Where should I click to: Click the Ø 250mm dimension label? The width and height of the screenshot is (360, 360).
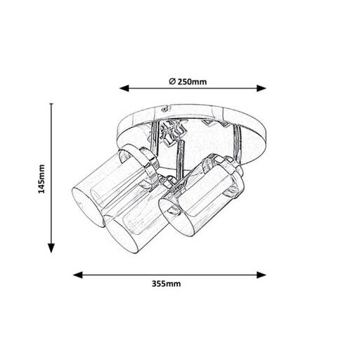[x=188, y=82]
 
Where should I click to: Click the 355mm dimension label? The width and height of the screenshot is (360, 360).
[x=166, y=284]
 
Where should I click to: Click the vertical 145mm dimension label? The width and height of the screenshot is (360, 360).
[x=41, y=179]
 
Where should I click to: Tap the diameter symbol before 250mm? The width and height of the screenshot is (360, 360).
[x=172, y=82]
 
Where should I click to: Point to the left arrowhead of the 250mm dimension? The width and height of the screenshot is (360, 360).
[x=124, y=89]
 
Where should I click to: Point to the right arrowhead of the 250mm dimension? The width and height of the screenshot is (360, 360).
[x=262, y=89]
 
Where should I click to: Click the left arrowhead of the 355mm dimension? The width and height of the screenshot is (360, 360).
[x=78, y=275]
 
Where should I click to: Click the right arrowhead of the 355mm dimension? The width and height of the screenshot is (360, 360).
[x=262, y=275]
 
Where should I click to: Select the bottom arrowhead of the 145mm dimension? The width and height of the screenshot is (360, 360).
[x=51, y=248]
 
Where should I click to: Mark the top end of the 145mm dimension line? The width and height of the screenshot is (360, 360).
[x=51, y=103]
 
